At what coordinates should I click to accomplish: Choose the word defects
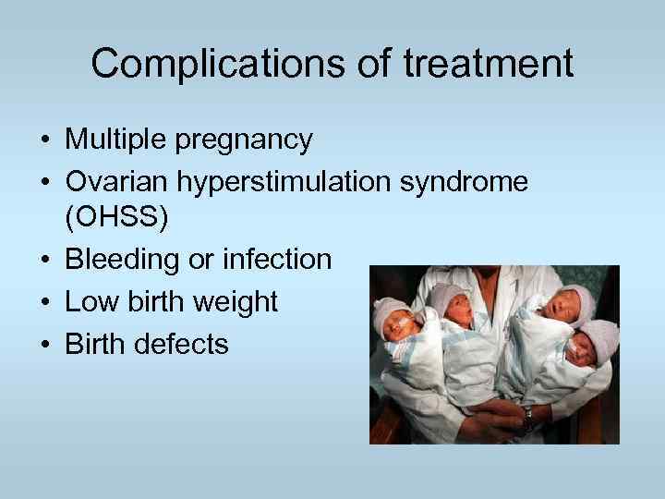click(x=182, y=344)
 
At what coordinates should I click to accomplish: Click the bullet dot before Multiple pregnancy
click(x=44, y=141)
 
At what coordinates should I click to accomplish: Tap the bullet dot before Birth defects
click(x=44, y=345)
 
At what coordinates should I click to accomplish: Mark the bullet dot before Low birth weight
click(x=44, y=303)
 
